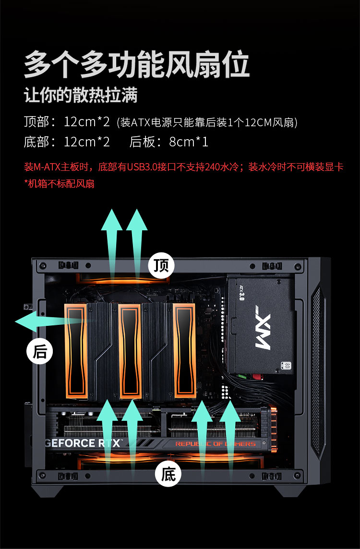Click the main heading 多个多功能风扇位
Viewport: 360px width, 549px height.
pyautogui.click(x=137, y=64)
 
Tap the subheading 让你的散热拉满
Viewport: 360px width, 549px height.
pyautogui.click(x=81, y=95)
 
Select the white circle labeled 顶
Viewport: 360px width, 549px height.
pyautogui.click(x=161, y=265)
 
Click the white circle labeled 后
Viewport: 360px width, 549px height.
pyautogui.click(x=39, y=352)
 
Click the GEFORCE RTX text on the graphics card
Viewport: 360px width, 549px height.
pyautogui.click(x=84, y=443)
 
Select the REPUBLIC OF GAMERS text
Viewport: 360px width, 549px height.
pyautogui.click(x=216, y=443)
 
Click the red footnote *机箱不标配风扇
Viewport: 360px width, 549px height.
pyautogui.click(x=59, y=183)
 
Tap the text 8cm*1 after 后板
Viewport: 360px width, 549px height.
pyautogui.click(x=189, y=142)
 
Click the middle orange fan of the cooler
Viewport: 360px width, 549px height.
pyautogui.click(x=130, y=351)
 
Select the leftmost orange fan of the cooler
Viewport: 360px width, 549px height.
pyautogui.click(x=75, y=351)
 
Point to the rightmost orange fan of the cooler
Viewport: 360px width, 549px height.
pyautogui.click(x=184, y=351)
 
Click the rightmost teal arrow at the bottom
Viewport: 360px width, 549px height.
pyautogui.click(x=230, y=441)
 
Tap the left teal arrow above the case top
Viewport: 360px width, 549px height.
pyautogui.click(x=112, y=246)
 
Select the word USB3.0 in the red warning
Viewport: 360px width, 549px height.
pyautogui.click(x=142, y=167)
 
